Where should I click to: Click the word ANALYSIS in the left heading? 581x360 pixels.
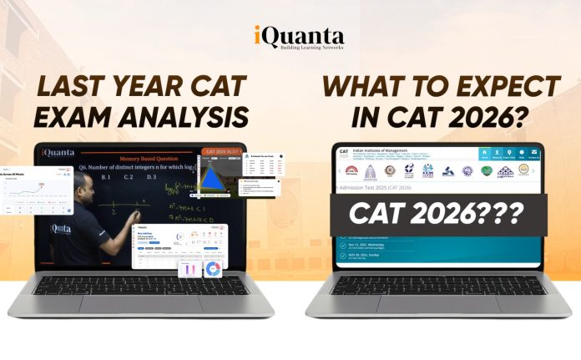pos(194,116)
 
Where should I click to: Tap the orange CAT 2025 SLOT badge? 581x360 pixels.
pos(222,151)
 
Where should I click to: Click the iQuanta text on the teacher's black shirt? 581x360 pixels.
pos(61,228)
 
